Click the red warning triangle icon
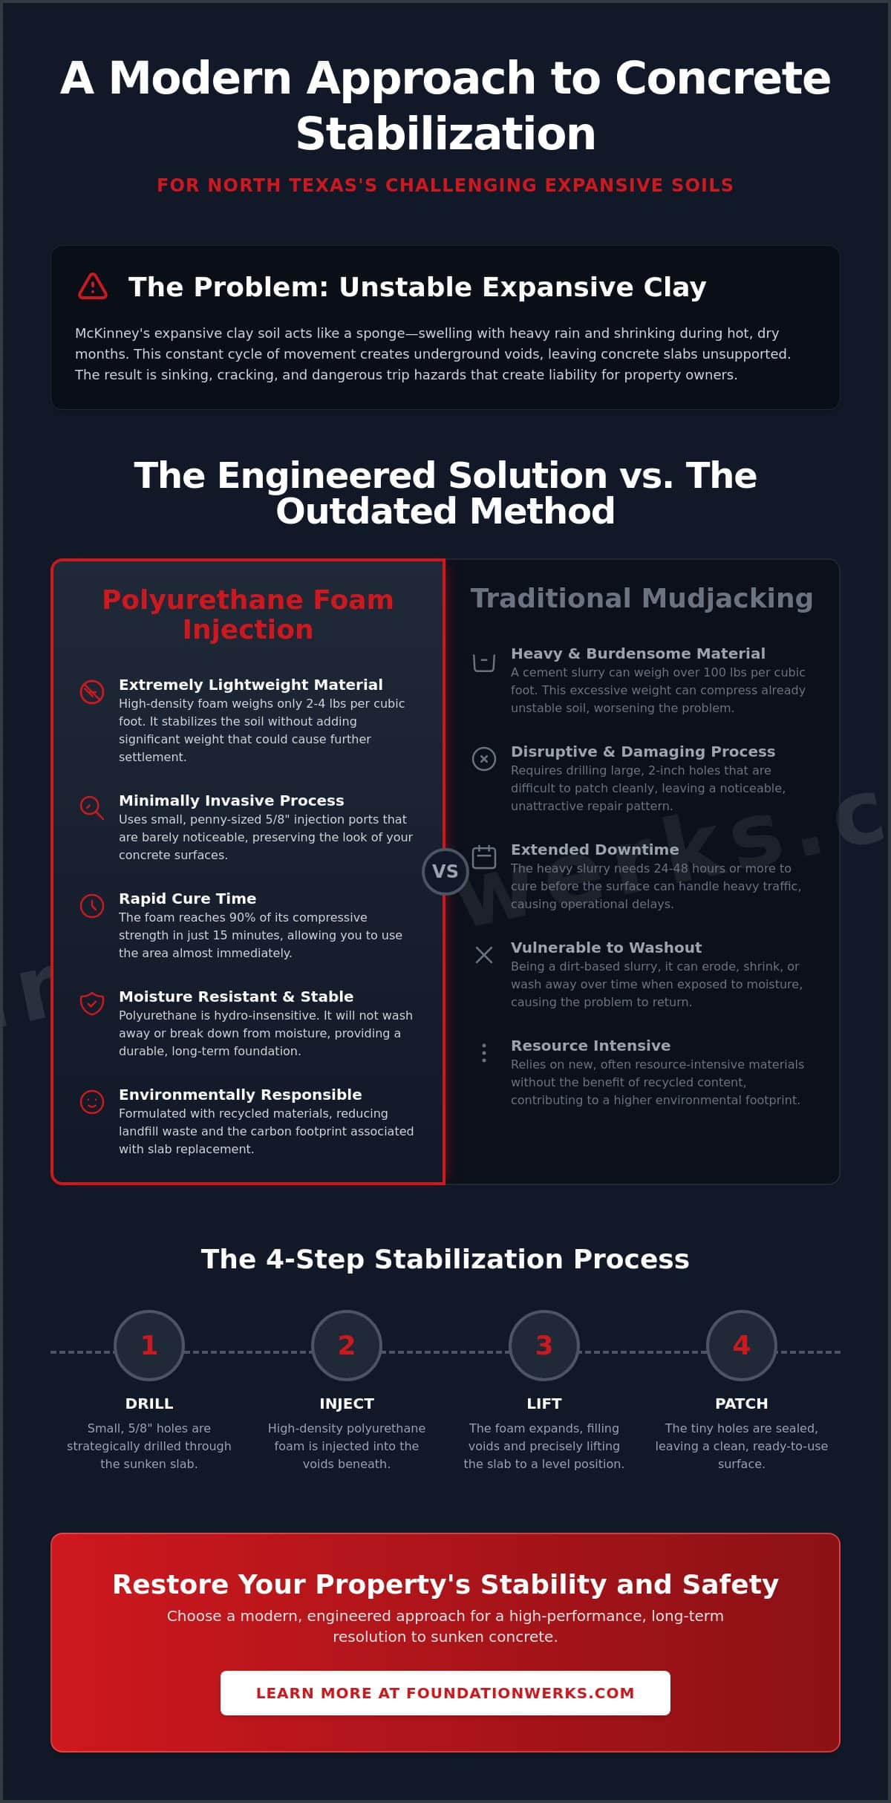93,286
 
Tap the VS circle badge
445,871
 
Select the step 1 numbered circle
149,1345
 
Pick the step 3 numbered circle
544,1345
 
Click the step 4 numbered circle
742,1345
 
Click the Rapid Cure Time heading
187,899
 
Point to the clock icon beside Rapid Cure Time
92,905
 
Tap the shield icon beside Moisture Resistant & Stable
92,1003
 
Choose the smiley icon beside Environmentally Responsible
92,1101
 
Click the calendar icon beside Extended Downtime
484,856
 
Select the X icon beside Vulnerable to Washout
484,955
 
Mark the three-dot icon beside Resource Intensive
484,1053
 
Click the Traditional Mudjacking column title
642,599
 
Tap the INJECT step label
347,1403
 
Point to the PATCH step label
742,1403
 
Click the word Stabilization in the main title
446,134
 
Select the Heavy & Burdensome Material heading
638,653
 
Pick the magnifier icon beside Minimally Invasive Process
92,807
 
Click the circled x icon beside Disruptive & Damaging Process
484,758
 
